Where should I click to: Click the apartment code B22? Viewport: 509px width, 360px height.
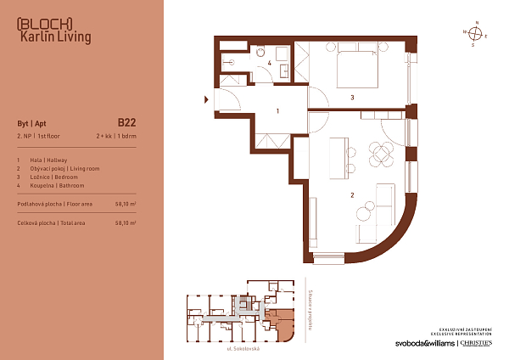click(126, 122)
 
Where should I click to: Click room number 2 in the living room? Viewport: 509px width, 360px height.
click(351, 196)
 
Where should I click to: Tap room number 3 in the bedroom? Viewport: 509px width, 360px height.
click(351, 98)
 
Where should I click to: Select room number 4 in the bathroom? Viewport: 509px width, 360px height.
click(270, 64)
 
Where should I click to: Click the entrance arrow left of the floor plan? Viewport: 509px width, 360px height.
click(205, 100)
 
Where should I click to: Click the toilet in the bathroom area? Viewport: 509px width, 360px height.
click(230, 62)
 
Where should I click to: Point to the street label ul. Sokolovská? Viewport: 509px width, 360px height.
click(242, 349)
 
